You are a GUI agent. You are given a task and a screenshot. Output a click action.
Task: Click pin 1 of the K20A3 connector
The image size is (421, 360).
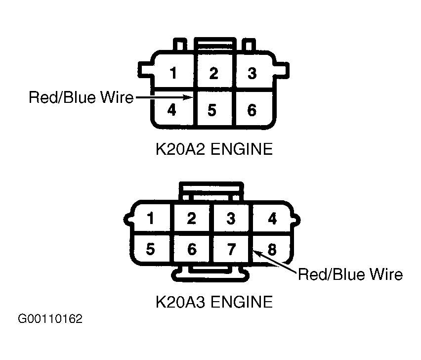coord(151,218)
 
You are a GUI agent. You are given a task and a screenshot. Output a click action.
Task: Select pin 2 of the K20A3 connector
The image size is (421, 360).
coord(191,218)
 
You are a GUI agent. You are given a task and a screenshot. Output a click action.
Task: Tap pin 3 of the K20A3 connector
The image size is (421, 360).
coord(231,218)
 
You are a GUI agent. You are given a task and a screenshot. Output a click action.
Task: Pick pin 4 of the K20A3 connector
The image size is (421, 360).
coord(272,218)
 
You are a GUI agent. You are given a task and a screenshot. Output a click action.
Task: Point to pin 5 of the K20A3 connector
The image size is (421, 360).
coord(151,249)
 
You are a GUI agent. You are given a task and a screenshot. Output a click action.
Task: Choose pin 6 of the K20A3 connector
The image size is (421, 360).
coord(192,249)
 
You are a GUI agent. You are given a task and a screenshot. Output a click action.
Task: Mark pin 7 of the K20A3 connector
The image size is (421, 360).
coord(231,249)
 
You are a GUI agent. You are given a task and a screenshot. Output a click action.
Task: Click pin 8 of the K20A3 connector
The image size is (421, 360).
coord(272,249)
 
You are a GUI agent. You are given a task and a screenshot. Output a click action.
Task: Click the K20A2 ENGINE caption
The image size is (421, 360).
coord(214,149)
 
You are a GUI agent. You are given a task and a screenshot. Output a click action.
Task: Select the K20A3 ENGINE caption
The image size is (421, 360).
coord(214,302)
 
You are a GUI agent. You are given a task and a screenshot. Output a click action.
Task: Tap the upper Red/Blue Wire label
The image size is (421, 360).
coord(81,97)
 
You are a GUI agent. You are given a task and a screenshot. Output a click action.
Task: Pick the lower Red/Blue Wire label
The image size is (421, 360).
coord(350,274)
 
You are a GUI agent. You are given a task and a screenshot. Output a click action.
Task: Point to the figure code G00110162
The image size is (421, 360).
coord(50,319)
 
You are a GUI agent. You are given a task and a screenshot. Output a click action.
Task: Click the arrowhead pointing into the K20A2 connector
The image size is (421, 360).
coord(187,97)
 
